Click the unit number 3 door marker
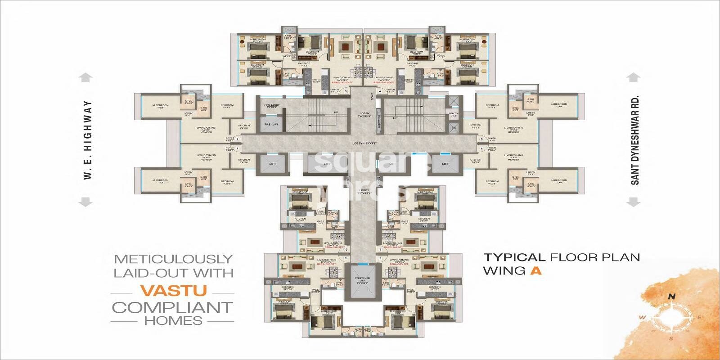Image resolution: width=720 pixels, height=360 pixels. tap(345, 92)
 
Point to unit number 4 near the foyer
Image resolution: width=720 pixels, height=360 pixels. tap(380, 92)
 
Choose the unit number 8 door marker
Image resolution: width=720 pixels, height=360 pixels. tap(380, 258)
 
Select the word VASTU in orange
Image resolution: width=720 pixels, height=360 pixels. tap(173, 291)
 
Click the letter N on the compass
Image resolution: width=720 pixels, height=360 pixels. tap(672, 296)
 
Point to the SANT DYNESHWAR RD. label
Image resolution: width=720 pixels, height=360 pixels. tap(634, 140)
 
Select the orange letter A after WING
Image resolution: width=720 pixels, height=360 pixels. tap(535, 271)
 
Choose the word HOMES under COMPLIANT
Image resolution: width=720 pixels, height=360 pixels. tap(173, 321)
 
